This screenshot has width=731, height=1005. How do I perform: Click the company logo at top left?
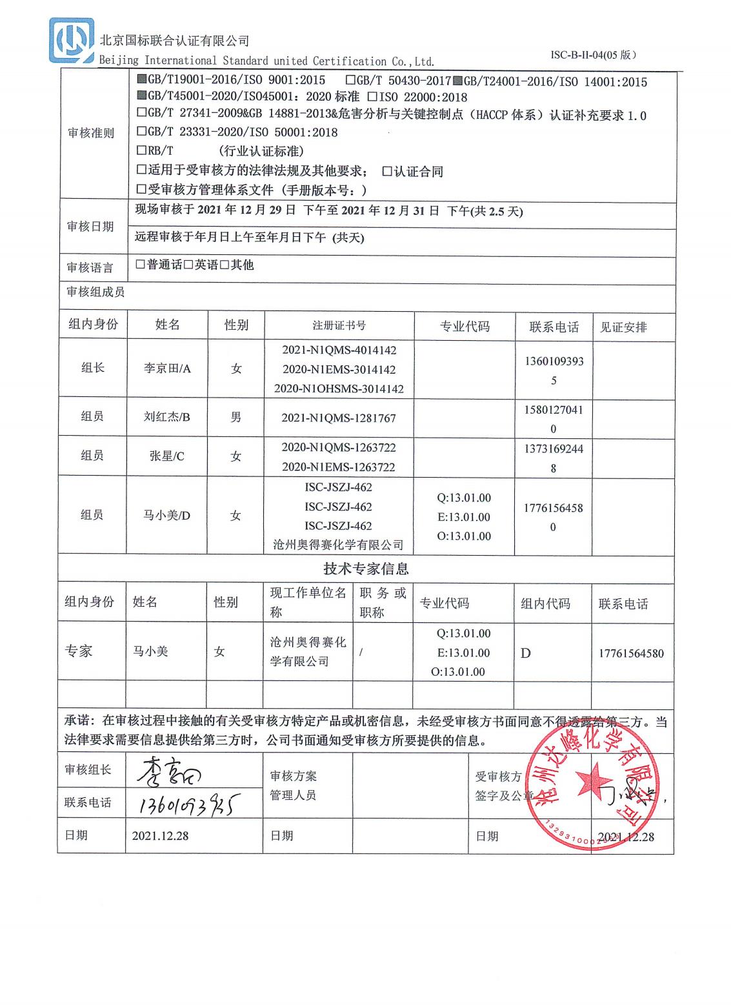point(72,40)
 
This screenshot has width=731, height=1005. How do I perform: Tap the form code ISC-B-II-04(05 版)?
point(593,55)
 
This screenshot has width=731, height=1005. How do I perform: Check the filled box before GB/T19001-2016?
point(142,81)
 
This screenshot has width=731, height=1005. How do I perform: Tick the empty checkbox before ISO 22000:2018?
point(372,97)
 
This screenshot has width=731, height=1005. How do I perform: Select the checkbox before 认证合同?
point(387,172)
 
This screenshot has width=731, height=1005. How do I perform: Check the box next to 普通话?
point(140,265)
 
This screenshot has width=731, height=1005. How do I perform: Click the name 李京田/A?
point(167,369)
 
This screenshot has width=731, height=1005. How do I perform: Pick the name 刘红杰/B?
point(166,417)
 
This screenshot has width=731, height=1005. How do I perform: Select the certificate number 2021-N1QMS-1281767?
point(339,418)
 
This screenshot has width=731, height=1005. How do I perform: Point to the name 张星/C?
point(166,456)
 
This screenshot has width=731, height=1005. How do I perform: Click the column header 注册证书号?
point(339,326)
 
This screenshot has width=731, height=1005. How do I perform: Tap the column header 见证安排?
point(623,327)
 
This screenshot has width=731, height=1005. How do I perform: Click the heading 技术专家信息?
point(366,569)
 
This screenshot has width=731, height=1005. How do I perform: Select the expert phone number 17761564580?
point(630,653)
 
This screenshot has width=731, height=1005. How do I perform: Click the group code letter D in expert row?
point(526,653)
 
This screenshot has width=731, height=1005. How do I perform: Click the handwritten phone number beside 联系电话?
point(186,804)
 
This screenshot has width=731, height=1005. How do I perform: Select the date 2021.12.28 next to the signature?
point(160,835)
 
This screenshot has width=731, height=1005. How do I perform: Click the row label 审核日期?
point(90,227)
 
